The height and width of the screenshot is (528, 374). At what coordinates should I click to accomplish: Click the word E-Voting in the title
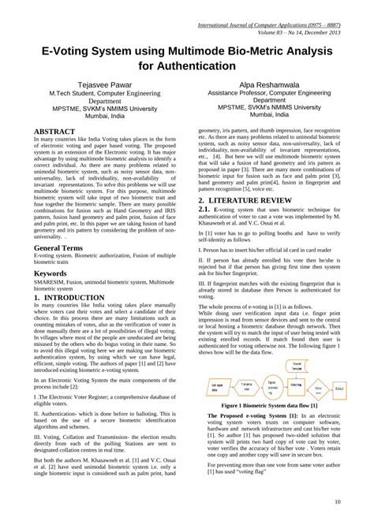tap(63, 49)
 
